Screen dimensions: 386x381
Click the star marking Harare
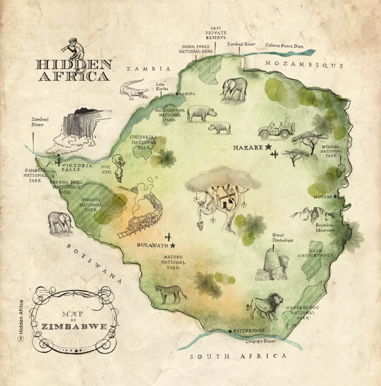268,147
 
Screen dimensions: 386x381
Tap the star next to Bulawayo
173,245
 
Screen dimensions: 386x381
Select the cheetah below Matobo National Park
171,293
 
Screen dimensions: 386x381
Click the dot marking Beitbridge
230,331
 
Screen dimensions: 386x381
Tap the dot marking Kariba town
177,93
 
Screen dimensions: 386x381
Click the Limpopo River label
260,341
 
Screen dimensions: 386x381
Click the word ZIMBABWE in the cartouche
74,326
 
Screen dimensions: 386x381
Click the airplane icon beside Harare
275,155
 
